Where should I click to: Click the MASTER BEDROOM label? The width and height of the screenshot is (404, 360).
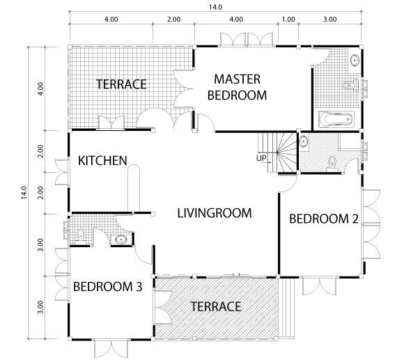tap(237, 87)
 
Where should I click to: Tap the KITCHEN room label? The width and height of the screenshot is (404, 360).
tap(102, 161)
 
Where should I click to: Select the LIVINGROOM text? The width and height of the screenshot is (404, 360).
tap(215, 213)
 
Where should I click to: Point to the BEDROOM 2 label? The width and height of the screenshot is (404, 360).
tap(324, 219)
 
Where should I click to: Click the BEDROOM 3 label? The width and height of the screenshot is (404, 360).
tap(108, 287)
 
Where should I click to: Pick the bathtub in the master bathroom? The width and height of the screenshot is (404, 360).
tap(336, 119)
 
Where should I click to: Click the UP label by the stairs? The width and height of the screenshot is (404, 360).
tap(261, 158)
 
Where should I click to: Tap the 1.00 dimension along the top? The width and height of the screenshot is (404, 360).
tap(288, 19)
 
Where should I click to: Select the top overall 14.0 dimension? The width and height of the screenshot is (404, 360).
tap(215, 7)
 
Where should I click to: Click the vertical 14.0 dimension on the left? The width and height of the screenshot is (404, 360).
tap(24, 193)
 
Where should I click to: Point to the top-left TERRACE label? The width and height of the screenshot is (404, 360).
tap(121, 84)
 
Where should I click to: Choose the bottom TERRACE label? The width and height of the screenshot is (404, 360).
tap(216, 306)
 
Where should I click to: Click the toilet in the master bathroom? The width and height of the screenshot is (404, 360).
tap(350, 85)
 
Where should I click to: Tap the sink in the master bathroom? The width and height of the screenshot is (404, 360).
tap(355, 61)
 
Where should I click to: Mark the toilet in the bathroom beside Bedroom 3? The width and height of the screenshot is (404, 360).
tap(81, 235)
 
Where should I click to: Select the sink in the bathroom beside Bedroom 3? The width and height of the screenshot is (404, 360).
tap(121, 240)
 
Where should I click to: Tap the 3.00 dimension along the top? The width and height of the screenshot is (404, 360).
tap(329, 19)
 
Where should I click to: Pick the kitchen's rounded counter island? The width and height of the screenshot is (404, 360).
tap(134, 188)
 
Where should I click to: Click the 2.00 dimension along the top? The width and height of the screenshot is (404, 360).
tap(173, 19)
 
